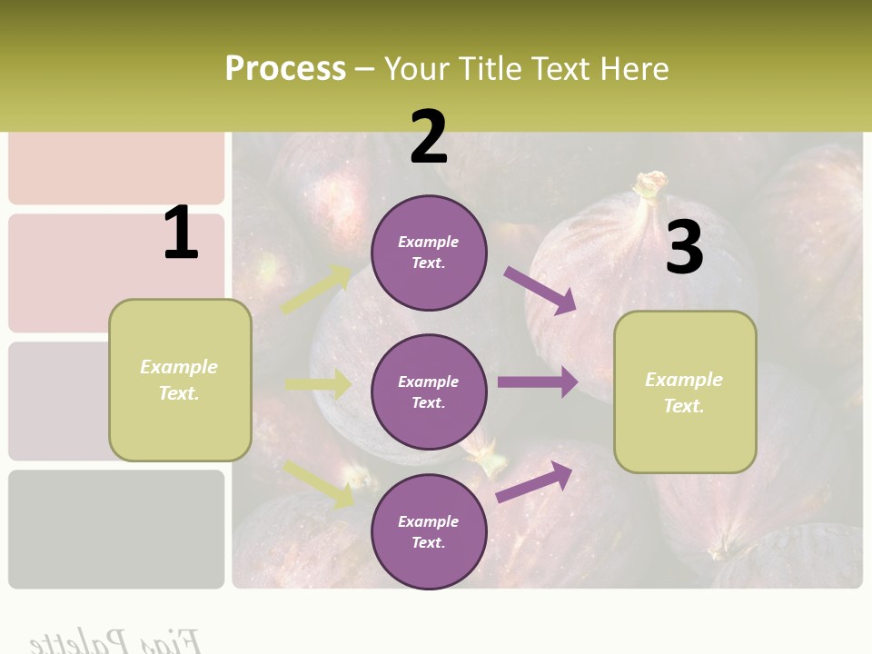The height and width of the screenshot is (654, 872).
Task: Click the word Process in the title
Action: pyautogui.click(x=285, y=69)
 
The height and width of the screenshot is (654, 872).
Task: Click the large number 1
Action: pyautogui.click(x=181, y=233)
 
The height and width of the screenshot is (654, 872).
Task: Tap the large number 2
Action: pyautogui.click(x=429, y=138)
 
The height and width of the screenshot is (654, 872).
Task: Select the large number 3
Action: pyautogui.click(x=684, y=248)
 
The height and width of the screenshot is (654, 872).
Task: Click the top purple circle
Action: pyautogui.click(x=429, y=253)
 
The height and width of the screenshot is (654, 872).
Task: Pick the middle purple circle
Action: pyautogui.click(x=429, y=391)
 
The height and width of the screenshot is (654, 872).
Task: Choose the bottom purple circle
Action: pyautogui.click(x=429, y=531)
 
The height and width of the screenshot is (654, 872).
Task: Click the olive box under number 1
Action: pyautogui.click(x=180, y=380)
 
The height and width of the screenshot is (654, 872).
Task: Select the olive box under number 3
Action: pyautogui.click(x=685, y=392)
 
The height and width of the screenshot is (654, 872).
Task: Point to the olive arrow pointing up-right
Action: pyautogui.click(x=316, y=290)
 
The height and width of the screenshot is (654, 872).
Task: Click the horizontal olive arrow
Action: pyautogui.click(x=318, y=384)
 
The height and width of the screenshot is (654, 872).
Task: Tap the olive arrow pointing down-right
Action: pyautogui.click(x=318, y=483)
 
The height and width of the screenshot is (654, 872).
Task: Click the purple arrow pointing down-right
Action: pyautogui.click(x=540, y=290)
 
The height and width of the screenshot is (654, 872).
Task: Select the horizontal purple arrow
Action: pyautogui.click(x=538, y=382)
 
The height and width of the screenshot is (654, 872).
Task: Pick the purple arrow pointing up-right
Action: pyautogui.click(x=534, y=481)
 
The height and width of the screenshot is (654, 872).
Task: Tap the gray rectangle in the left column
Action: pyautogui.click(x=116, y=529)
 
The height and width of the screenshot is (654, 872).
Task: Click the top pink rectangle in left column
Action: pyautogui.click(x=116, y=168)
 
